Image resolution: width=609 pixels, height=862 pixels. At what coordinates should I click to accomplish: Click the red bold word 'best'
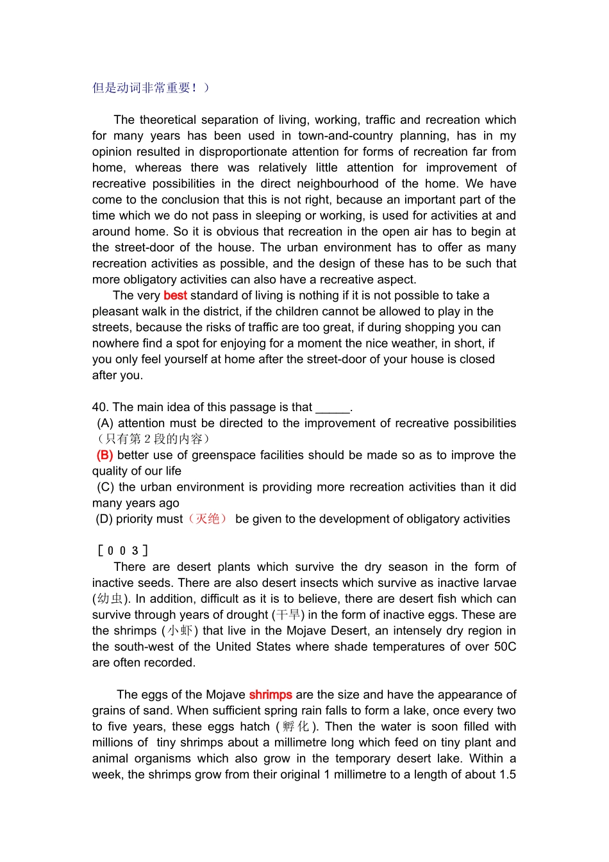[175, 296]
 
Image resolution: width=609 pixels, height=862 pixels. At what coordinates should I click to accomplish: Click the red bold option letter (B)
[105, 455]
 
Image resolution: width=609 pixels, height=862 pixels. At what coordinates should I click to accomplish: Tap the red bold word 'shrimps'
[271, 695]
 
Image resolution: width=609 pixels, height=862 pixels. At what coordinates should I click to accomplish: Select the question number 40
[99, 407]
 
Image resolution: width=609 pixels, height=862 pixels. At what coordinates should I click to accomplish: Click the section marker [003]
[122, 551]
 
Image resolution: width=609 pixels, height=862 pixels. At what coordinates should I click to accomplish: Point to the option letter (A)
[106, 423]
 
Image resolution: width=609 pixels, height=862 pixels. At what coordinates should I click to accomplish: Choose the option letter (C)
[106, 487]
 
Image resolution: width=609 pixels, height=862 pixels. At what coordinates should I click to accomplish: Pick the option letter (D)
[104, 519]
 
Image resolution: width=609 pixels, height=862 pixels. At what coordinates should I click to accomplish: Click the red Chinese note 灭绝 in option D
[208, 519]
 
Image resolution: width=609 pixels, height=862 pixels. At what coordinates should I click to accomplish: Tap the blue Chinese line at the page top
[151, 88]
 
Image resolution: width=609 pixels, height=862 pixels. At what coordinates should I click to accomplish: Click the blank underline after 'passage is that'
[333, 408]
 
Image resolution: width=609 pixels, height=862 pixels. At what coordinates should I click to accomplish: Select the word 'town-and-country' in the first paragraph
[346, 136]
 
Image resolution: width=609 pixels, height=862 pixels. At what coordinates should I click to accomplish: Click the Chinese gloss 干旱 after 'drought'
[289, 615]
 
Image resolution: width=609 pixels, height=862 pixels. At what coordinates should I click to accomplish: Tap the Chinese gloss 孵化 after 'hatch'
[296, 727]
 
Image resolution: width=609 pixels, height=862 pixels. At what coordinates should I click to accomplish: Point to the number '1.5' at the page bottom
[508, 775]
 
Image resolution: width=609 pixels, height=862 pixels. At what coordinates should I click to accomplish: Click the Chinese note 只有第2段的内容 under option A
[153, 439]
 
